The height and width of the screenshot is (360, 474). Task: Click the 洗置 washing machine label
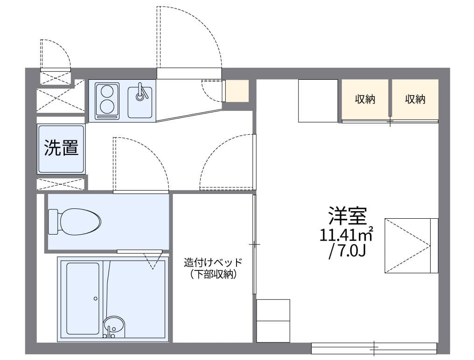61,148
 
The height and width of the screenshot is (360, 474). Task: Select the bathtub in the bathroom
83,298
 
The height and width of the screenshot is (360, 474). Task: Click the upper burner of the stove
107,91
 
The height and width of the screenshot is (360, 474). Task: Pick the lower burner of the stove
107,106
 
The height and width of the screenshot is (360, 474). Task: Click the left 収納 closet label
365,99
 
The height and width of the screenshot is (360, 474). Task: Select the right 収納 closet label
415,99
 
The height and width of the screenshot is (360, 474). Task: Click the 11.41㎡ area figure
345,234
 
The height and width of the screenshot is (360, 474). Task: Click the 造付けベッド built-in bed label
213,263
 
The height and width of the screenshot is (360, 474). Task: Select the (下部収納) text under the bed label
213,275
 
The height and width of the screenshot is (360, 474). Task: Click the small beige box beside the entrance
237,91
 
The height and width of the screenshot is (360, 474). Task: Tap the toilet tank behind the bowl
53,221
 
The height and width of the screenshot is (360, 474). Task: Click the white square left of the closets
318,101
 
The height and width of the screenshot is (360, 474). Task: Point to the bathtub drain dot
95,298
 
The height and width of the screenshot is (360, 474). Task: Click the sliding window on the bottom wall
374,347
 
